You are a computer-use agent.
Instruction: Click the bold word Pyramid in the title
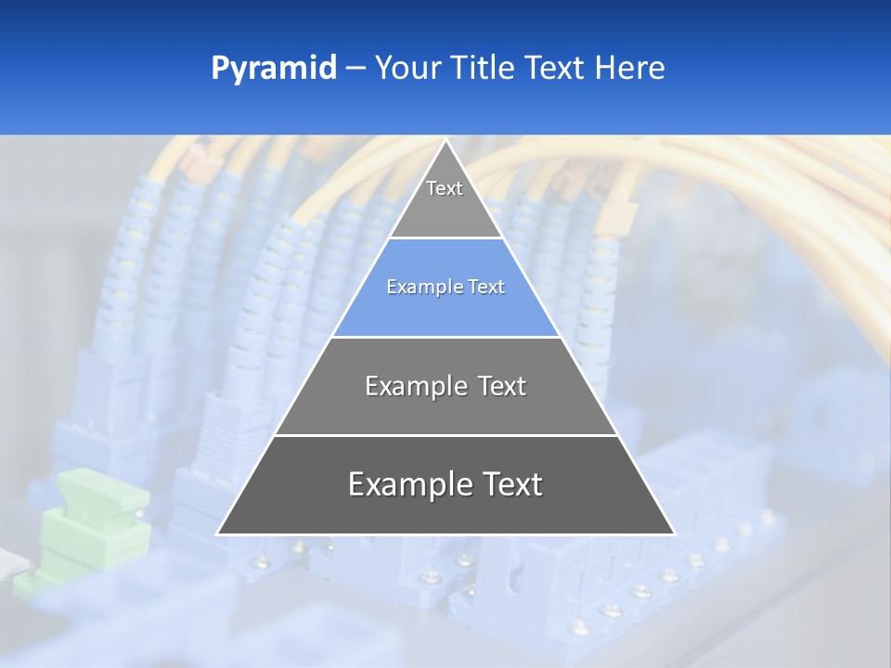pos(274,69)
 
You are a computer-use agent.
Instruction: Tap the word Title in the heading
pos(485,69)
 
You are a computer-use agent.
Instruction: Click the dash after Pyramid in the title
pos(355,69)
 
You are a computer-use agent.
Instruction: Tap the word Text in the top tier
pos(445,188)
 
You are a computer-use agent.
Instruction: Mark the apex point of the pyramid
pos(445,141)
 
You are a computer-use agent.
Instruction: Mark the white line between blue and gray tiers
pos(445,337)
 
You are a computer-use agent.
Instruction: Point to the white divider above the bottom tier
pos(445,435)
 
